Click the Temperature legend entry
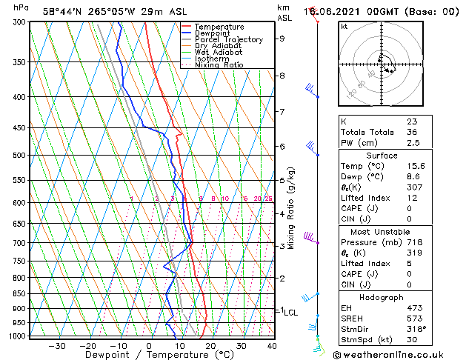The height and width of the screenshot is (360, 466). coord(220,27)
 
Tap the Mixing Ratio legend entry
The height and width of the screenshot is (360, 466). coord(219,65)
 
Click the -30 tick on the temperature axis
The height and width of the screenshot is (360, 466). coord(56,346)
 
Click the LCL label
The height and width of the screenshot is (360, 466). coord(290,313)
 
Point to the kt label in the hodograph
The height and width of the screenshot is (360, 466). coord(344,27)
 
